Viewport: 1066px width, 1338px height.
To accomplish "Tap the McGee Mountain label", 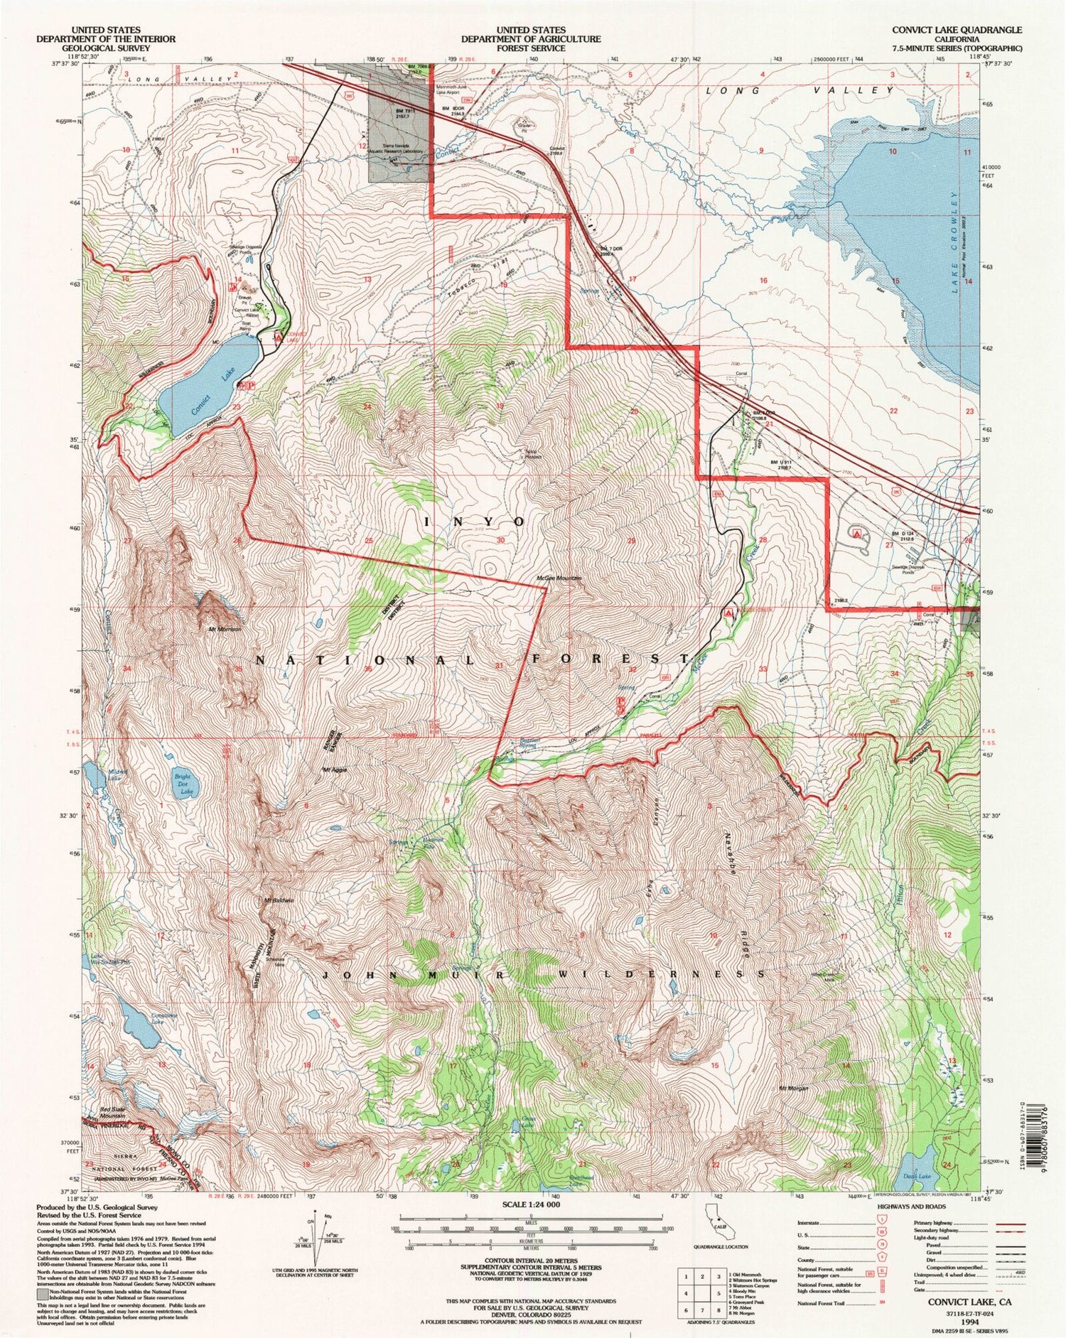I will tap(559, 578).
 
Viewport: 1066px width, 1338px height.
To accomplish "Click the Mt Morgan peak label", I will tap(795, 1088).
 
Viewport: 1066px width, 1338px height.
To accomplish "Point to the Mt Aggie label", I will tap(334, 770).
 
